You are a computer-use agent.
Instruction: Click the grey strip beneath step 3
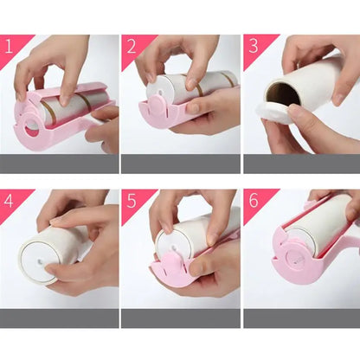300,163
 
